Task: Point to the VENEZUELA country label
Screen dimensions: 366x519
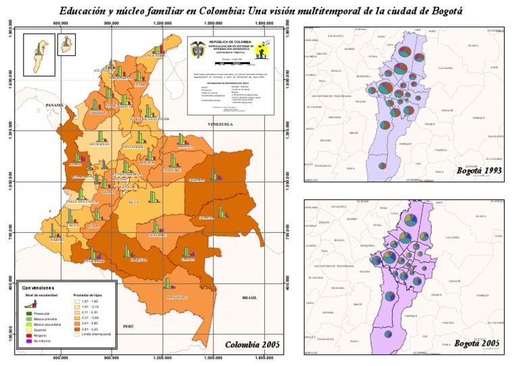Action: coord(221,125)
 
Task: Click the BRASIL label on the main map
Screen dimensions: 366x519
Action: coord(251,297)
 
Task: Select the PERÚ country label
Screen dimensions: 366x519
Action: coord(128,325)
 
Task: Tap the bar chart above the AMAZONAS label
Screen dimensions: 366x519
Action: coord(168,284)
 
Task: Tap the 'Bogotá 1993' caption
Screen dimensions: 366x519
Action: coord(478,171)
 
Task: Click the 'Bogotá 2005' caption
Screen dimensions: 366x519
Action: coord(477,344)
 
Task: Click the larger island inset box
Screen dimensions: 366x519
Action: coord(39,53)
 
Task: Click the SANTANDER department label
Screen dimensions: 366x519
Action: coord(133,147)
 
